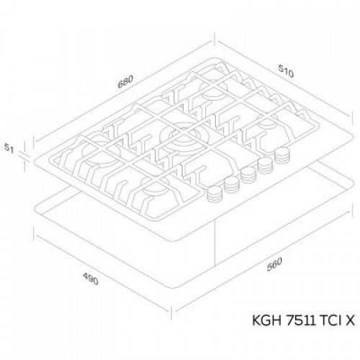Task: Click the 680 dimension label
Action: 125,82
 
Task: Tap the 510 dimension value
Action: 286,71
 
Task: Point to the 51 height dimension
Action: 9,148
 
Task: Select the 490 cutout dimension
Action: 91,279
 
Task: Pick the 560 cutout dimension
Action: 274,264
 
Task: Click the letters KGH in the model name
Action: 266,320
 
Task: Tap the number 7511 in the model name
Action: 300,320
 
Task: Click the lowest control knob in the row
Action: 215,194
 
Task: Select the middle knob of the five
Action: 248,175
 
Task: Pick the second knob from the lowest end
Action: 232,184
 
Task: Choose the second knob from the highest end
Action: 265,165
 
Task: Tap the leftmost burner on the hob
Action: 101,152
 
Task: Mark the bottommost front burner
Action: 157,186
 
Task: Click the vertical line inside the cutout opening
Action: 215,243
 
